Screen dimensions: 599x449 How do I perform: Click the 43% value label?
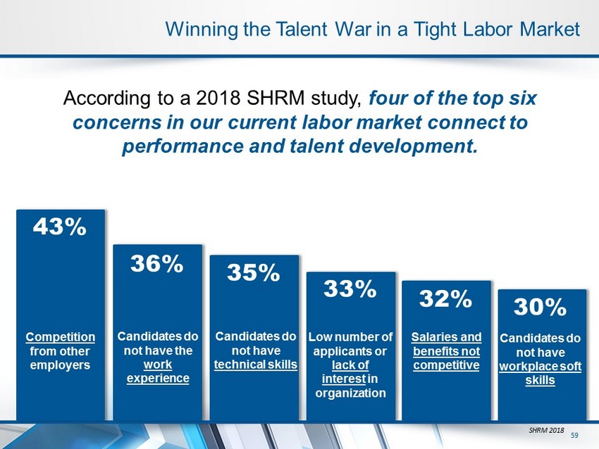(60, 227)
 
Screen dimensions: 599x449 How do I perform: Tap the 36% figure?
(156, 264)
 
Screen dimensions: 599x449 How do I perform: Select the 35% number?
(253, 273)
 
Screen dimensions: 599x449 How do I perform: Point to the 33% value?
(350, 289)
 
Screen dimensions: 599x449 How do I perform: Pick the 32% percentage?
(445, 298)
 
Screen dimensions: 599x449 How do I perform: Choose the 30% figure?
(540, 307)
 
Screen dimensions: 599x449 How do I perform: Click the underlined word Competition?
(61, 337)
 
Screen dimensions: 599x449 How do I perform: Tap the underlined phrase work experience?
(158, 372)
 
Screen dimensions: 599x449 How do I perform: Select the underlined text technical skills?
(256, 365)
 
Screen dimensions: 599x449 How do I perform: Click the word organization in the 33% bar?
(350, 393)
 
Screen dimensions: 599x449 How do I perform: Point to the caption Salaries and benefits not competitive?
(446, 351)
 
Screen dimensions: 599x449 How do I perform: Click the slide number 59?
(574, 435)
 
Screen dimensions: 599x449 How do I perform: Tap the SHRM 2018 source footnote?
(546, 430)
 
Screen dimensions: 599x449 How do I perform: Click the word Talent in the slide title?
(301, 30)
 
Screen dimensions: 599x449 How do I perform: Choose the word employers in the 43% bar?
(60, 365)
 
